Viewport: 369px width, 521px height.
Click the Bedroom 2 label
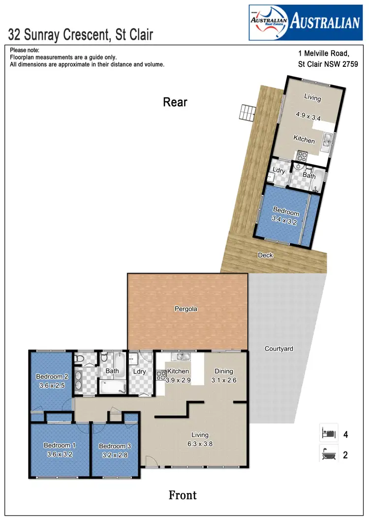click(52, 376)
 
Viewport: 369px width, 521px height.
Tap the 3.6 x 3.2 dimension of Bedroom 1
click(60, 454)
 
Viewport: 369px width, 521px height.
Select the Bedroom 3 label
click(115, 446)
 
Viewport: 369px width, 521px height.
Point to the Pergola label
click(185, 309)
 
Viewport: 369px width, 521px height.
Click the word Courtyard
click(278, 349)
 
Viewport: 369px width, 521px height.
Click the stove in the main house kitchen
click(161, 375)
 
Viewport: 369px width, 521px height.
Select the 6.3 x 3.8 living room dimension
click(200, 443)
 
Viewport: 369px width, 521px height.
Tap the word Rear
click(175, 102)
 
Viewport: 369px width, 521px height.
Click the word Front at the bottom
click(183, 495)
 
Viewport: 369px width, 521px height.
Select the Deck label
click(266, 255)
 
